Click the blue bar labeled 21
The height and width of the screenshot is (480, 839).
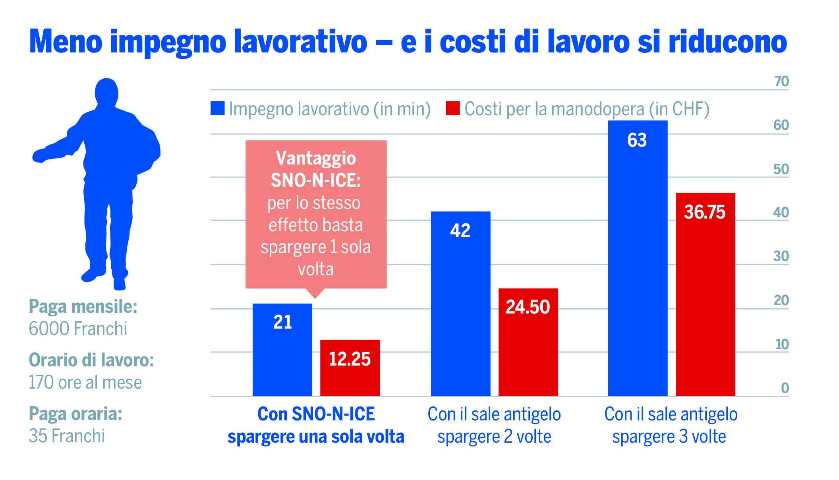[282, 350]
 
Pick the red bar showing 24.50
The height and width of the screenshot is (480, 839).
[528, 342]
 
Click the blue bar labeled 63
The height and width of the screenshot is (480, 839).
[638, 258]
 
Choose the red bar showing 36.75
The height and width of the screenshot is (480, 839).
[705, 294]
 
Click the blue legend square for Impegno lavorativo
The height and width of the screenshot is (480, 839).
[217, 108]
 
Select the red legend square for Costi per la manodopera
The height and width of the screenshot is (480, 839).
[452, 108]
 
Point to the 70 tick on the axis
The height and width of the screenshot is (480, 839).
[781, 81]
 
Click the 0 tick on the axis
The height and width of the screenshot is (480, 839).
[785, 388]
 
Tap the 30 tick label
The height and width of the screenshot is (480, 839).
[781, 256]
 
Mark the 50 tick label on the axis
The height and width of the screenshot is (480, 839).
[781, 169]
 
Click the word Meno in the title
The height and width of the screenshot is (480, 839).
[66, 42]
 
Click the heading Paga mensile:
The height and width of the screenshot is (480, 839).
[83, 307]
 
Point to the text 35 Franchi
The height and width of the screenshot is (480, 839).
[67, 436]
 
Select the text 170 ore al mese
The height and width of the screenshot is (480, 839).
[85, 382]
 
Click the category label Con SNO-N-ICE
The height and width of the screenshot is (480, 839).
[316, 414]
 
